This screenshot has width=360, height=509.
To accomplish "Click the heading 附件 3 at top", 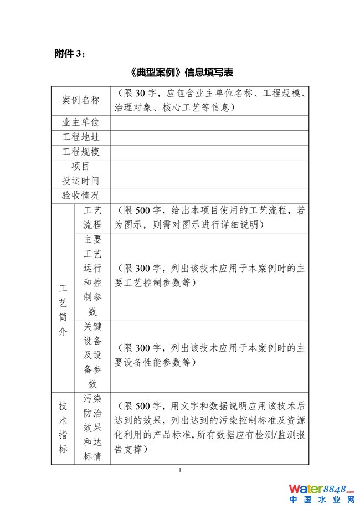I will [70, 53].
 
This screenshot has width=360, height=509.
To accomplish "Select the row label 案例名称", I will [81, 100].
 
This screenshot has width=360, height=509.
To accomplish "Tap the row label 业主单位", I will [81, 123].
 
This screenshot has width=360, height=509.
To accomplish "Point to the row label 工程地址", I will [81, 137].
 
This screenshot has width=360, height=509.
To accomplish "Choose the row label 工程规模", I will [81, 152].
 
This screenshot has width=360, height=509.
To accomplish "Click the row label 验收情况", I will [81, 196].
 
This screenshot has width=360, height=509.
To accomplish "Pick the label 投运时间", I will [81, 181].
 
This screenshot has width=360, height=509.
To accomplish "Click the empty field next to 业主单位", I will [209, 123].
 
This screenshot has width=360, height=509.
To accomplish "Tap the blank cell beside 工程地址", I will [209, 137].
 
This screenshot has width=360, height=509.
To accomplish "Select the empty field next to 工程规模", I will [209, 152].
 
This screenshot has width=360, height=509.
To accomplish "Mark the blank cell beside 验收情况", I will [209, 196].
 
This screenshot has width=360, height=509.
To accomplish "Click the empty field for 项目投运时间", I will [209, 173].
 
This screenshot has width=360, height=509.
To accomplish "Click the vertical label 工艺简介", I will [63, 310].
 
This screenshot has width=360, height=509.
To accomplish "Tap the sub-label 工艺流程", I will [92, 218].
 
